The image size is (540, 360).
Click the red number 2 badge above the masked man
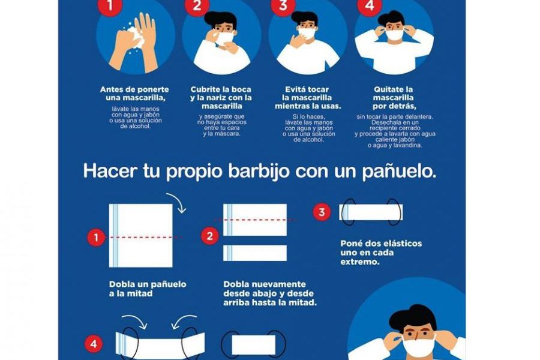pos(197,5)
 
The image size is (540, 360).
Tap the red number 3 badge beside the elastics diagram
pos(322,212)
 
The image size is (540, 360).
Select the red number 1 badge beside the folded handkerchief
pos(96,238)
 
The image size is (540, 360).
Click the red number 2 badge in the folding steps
pos(210,236)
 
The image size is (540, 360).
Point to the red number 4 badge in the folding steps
pos(94,344)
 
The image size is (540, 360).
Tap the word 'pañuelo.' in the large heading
pos(399,171)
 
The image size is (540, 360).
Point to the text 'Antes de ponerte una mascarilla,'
pos(134,94)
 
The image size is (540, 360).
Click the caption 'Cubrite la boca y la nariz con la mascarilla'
pos(221,97)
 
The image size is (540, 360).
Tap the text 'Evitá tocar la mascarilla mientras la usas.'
pos(308,98)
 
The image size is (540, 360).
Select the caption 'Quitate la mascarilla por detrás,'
pos(394,98)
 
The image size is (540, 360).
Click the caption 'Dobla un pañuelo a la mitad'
pos(148,289)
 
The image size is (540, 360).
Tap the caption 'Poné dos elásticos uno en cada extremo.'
pos(381,253)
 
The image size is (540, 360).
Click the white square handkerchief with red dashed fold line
pos(141,236)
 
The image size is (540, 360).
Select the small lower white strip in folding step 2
pos(255,253)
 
